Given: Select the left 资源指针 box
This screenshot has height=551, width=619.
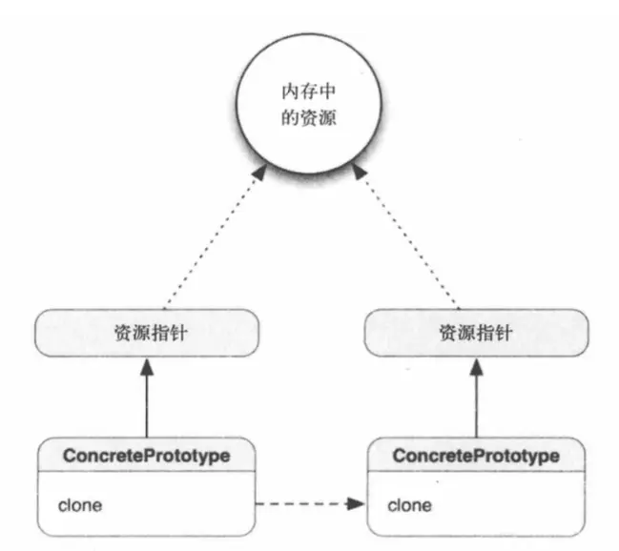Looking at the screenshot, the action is [x=147, y=334].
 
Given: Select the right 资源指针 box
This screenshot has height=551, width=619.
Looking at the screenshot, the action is [x=475, y=334].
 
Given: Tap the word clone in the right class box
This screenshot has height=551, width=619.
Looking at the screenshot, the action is [x=409, y=501].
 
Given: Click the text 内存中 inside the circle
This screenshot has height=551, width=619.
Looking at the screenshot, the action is [x=309, y=95].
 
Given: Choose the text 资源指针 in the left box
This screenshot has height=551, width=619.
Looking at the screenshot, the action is [x=147, y=334].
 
